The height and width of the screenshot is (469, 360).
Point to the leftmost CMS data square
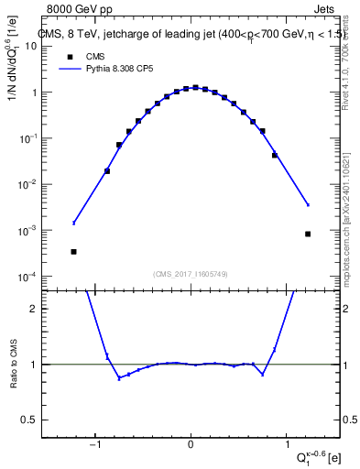click(73, 251)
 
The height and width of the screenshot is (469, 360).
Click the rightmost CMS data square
click(308, 234)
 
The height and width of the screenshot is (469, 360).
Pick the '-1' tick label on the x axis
click(94, 446)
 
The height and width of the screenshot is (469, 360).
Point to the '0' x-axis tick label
click(191, 446)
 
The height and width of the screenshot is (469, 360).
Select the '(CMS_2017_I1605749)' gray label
click(191, 274)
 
